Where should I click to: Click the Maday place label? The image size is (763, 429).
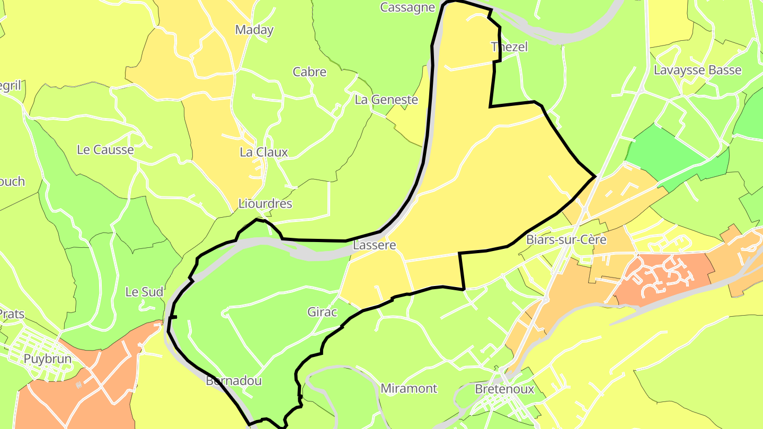tap(254, 30)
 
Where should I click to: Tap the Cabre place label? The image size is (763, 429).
tap(309, 71)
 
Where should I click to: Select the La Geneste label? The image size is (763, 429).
tap(386, 99)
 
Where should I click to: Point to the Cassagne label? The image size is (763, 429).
tap(407, 7)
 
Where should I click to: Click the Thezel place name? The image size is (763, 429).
tap(510, 47)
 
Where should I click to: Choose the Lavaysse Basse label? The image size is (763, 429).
tap(697, 70)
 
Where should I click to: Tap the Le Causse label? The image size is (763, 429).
tap(105, 149)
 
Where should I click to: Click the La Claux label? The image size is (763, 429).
tap(264, 152)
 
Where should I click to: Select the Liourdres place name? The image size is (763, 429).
tap(265, 203)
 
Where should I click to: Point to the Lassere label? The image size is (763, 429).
tap(374, 245)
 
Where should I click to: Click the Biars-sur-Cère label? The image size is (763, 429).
tap(566, 239)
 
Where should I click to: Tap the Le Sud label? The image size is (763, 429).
tap(144, 292)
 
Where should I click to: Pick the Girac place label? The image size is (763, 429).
tap(322, 312)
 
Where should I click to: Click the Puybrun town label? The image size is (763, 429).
tap(47, 359)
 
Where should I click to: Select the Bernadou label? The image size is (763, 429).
tap(234, 381)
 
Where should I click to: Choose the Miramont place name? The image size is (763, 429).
tap(409, 388)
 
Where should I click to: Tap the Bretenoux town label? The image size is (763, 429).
tap(504, 389)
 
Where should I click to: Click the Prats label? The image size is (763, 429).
tap(12, 314)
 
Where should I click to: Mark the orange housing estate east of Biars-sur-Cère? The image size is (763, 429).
tap(662, 275)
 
